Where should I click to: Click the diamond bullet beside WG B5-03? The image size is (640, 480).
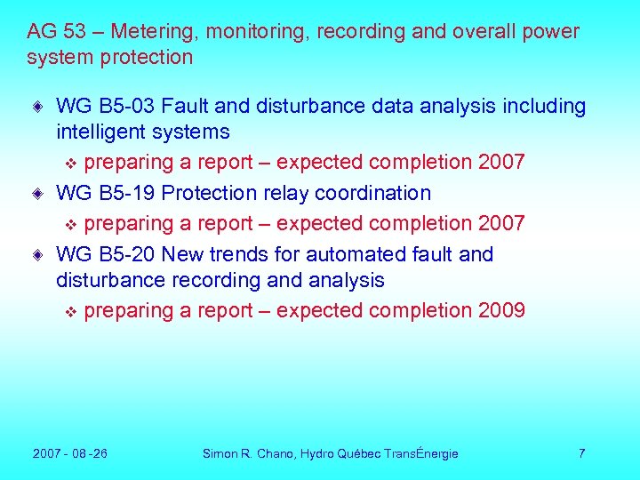37,108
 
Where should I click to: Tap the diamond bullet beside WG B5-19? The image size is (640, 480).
37,194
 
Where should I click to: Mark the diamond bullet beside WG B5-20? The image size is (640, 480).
37,255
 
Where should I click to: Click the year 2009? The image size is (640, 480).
501,310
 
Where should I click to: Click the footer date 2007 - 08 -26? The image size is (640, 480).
70,453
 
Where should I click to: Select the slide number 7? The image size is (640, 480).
581,453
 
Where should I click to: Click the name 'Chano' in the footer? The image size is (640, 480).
276,453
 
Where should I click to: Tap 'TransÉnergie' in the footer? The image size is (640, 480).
421,453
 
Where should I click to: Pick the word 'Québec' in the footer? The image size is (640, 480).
359,453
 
